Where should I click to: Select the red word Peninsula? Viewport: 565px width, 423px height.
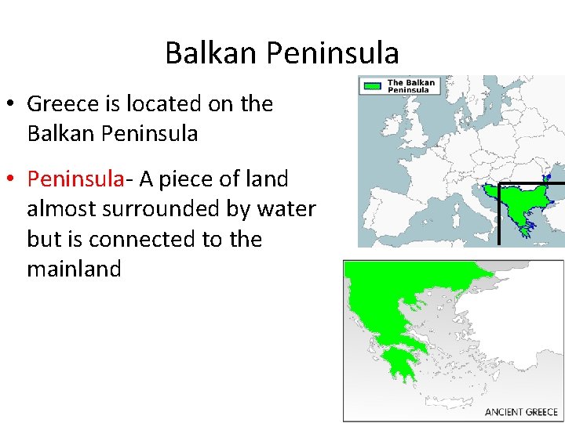pyautogui.click(x=75, y=179)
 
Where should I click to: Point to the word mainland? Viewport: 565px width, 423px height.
pyautogui.click(x=74, y=269)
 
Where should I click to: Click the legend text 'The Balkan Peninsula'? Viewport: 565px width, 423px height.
pyautogui.click(x=410, y=86)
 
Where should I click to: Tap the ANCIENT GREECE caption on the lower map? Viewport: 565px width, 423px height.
pyautogui.click(x=521, y=411)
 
